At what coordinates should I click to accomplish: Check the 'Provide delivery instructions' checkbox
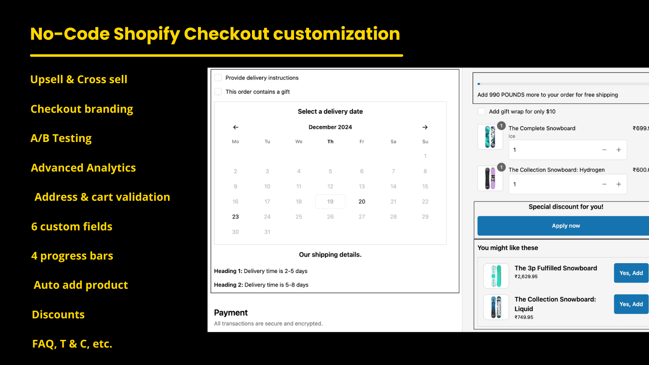click(x=218, y=77)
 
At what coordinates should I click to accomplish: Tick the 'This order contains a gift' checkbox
click(x=218, y=92)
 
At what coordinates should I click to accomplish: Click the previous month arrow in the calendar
click(x=236, y=127)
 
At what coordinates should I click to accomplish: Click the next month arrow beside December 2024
click(x=425, y=127)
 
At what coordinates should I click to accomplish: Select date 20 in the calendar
click(x=362, y=202)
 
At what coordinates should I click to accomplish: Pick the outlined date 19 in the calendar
click(x=330, y=202)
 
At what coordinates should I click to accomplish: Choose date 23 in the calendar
click(x=236, y=217)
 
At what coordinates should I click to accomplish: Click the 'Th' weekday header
click(x=330, y=142)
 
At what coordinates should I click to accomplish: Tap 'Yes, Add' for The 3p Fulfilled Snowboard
click(x=631, y=273)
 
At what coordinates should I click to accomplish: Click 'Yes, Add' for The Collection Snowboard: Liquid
click(x=631, y=304)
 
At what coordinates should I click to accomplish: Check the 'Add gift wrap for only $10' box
click(x=481, y=112)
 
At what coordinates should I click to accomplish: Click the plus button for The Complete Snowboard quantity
click(x=619, y=150)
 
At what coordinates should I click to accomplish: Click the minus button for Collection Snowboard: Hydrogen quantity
click(x=604, y=184)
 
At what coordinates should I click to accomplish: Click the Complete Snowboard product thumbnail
click(x=490, y=137)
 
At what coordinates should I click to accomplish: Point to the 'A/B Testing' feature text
click(x=61, y=138)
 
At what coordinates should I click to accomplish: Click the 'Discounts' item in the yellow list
click(x=58, y=315)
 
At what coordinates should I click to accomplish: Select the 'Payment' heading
click(x=231, y=313)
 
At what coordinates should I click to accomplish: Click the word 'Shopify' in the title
click(x=146, y=34)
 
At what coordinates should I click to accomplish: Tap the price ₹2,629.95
click(x=526, y=277)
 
